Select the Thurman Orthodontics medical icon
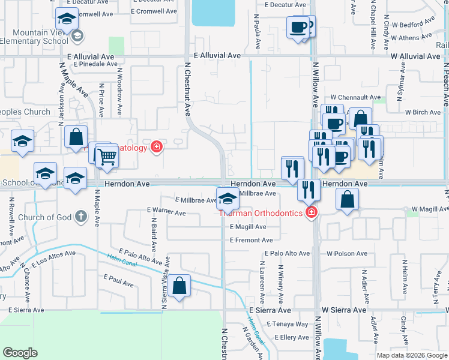pos(311,213)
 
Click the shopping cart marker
pos(107,157)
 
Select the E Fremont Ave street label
pos(251,240)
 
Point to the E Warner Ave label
pos(166,212)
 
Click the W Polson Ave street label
pos(347,254)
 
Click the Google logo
pos(20,352)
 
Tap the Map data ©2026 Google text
pos(412,355)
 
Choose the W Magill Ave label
pos(427,208)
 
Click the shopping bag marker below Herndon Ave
pos(348,200)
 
